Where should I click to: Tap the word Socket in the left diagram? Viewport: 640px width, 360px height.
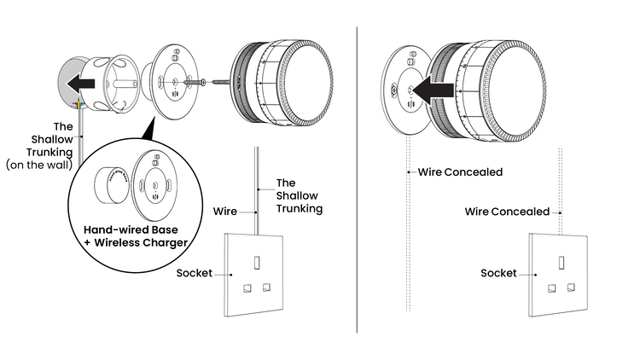coord(195,274)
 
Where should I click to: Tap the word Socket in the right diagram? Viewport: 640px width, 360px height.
coord(498,273)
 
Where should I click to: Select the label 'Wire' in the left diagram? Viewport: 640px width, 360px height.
coord(224,210)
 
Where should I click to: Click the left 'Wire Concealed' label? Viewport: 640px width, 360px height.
coord(461,171)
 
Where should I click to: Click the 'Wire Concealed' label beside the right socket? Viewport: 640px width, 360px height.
coord(507,211)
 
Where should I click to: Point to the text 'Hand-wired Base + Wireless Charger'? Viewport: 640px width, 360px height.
coord(136,236)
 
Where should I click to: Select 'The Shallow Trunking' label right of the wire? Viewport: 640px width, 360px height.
coord(299,195)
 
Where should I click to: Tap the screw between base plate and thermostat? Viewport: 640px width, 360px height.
coord(210,82)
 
